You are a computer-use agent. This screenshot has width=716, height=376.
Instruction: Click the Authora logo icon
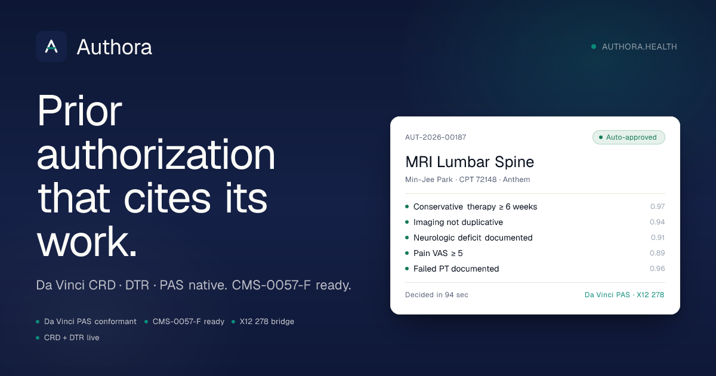51,47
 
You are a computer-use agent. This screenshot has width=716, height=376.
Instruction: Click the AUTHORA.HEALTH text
639,47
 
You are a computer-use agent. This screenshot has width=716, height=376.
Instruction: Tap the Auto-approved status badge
629,137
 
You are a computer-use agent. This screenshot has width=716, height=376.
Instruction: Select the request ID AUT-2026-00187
436,137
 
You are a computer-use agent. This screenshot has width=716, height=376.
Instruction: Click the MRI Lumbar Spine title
470,162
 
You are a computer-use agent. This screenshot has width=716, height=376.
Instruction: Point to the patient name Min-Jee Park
428,180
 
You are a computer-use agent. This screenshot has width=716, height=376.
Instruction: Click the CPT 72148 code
478,180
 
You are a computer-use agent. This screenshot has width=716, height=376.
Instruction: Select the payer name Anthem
516,180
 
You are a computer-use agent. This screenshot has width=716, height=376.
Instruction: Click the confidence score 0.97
658,207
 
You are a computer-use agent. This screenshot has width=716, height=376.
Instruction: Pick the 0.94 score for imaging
657,222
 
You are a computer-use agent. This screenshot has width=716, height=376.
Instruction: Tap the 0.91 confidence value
658,238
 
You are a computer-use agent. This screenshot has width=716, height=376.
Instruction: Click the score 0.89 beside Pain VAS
657,253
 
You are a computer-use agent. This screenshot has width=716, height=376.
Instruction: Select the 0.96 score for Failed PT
657,269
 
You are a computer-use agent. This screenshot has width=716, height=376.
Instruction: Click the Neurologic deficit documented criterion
473,238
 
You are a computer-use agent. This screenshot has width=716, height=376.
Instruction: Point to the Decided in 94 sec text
437,295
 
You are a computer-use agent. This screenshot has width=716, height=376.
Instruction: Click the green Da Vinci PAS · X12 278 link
624,295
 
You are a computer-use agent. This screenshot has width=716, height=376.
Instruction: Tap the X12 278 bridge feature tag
267,321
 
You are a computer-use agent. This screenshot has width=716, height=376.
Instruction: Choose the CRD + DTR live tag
72,338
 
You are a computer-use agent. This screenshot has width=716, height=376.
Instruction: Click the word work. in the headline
87,241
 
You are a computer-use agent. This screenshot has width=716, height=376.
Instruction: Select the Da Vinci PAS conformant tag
90,321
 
